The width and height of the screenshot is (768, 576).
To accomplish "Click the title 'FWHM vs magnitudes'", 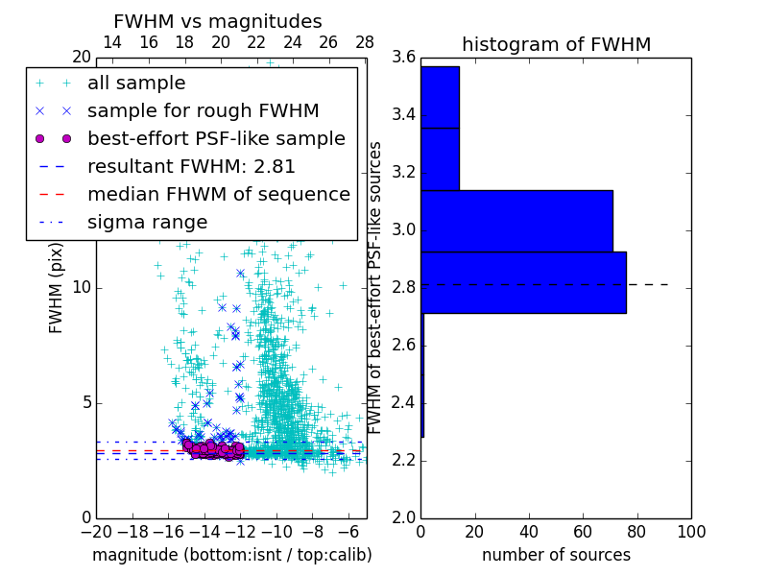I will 218,21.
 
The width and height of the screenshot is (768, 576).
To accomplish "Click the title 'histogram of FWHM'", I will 556,44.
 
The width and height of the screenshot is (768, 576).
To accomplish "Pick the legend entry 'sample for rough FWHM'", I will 203,110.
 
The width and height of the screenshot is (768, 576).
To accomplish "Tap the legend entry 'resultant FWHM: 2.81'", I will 191,166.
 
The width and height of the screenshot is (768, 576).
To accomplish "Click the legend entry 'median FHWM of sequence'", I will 218,194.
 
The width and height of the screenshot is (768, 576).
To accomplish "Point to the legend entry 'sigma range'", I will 147,222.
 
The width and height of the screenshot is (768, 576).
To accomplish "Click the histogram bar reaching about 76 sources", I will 523,282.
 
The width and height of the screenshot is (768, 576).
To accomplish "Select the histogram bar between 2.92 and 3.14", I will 516,221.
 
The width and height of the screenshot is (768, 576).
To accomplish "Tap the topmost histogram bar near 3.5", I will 440,96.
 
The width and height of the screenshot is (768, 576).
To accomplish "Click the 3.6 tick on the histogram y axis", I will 403,58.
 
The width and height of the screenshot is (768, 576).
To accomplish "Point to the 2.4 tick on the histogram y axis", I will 403,402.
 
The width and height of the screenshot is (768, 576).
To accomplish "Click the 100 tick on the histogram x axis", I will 691,531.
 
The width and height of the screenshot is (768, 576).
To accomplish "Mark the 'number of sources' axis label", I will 556,555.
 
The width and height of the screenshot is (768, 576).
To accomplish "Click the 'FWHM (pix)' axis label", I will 57,288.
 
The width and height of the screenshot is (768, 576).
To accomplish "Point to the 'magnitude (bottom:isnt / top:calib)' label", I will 231,555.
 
